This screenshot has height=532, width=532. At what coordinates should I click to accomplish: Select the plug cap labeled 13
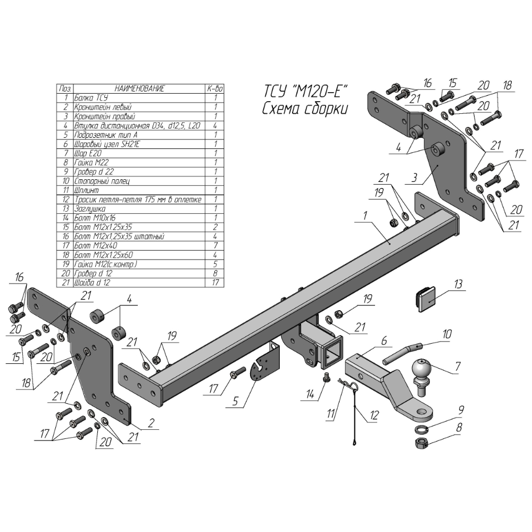pos(426,298)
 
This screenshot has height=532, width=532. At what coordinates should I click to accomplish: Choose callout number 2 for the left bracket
pos(151,423)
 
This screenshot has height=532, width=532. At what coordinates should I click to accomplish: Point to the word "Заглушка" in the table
pos(88,209)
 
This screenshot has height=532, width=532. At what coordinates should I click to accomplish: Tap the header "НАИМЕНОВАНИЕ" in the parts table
pos(140,89)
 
